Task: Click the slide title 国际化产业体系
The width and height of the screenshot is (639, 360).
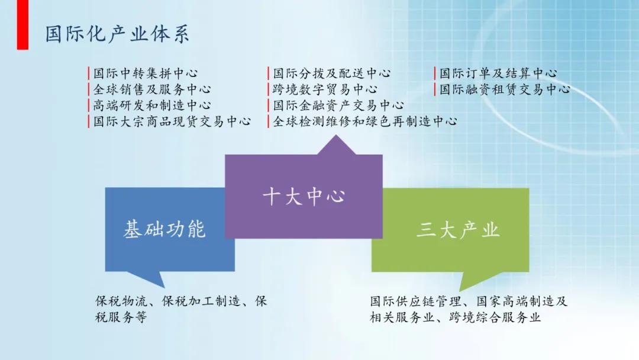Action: [x=117, y=34]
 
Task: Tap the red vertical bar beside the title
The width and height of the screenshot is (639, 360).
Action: [x=22, y=25]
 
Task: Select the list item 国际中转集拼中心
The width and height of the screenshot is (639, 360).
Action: [x=146, y=74]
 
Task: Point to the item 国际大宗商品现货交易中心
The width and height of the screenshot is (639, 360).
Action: [x=172, y=121]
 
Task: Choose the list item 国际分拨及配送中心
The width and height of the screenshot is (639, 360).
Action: [x=331, y=74]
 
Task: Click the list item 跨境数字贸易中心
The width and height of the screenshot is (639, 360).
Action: [x=325, y=90]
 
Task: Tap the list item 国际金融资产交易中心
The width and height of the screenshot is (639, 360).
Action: [x=338, y=105]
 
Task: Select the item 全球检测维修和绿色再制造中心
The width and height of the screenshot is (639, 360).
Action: [x=364, y=121]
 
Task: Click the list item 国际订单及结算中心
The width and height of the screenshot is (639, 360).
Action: [x=498, y=74]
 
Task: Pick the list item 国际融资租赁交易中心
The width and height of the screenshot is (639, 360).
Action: [x=504, y=90]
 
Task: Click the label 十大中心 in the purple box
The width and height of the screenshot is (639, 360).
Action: [x=304, y=197]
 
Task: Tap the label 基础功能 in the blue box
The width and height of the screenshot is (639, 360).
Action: [x=164, y=229]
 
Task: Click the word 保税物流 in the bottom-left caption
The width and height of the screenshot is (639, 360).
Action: [x=115, y=301]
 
